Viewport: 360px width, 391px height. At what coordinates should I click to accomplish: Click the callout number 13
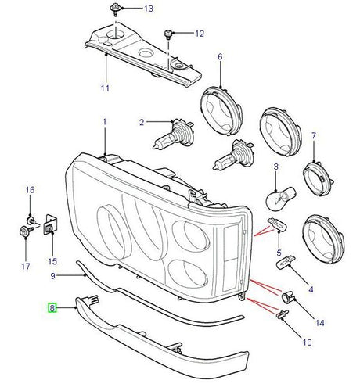coord(149,9)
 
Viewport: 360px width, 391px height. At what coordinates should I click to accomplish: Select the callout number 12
coord(200,34)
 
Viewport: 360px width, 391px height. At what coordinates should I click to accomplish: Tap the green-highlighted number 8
coord(52,308)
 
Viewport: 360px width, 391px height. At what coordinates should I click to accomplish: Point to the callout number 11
coord(105,88)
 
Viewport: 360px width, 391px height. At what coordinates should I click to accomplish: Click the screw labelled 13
coord(115,9)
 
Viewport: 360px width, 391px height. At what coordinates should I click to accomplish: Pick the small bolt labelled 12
coord(168,34)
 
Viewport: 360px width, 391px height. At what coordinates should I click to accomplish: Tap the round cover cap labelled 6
coord(221,111)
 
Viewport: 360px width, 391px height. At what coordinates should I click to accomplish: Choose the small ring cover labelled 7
coord(319,179)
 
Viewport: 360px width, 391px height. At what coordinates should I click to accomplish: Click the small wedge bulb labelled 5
coord(277,224)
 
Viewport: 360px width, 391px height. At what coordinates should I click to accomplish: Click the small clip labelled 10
coord(282,314)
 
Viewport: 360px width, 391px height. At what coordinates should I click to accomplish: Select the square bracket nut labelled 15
coord(50,225)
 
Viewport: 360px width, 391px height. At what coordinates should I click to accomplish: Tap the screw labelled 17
coord(27,231)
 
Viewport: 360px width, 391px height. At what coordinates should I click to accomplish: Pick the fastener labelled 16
coord(32,220)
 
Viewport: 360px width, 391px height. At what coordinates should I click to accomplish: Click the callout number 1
coord(105,122)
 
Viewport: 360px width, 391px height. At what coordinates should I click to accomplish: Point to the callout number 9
coord(53,276)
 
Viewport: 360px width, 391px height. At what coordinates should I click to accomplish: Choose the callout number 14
coord(320,323)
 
